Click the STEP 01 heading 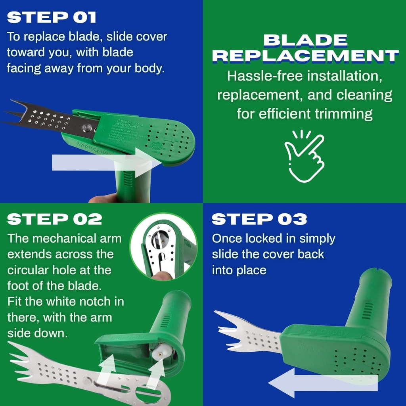(x=52, y=17)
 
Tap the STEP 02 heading (x=54, y=219)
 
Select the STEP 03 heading (x=259, y=219)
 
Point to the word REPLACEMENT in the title (x=305, y=56)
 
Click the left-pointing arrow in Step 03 (x=321, y=382)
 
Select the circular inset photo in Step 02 (x=163, y=246)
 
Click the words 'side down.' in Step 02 (x=38, y=333)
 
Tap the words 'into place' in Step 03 (x=239, y=270)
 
